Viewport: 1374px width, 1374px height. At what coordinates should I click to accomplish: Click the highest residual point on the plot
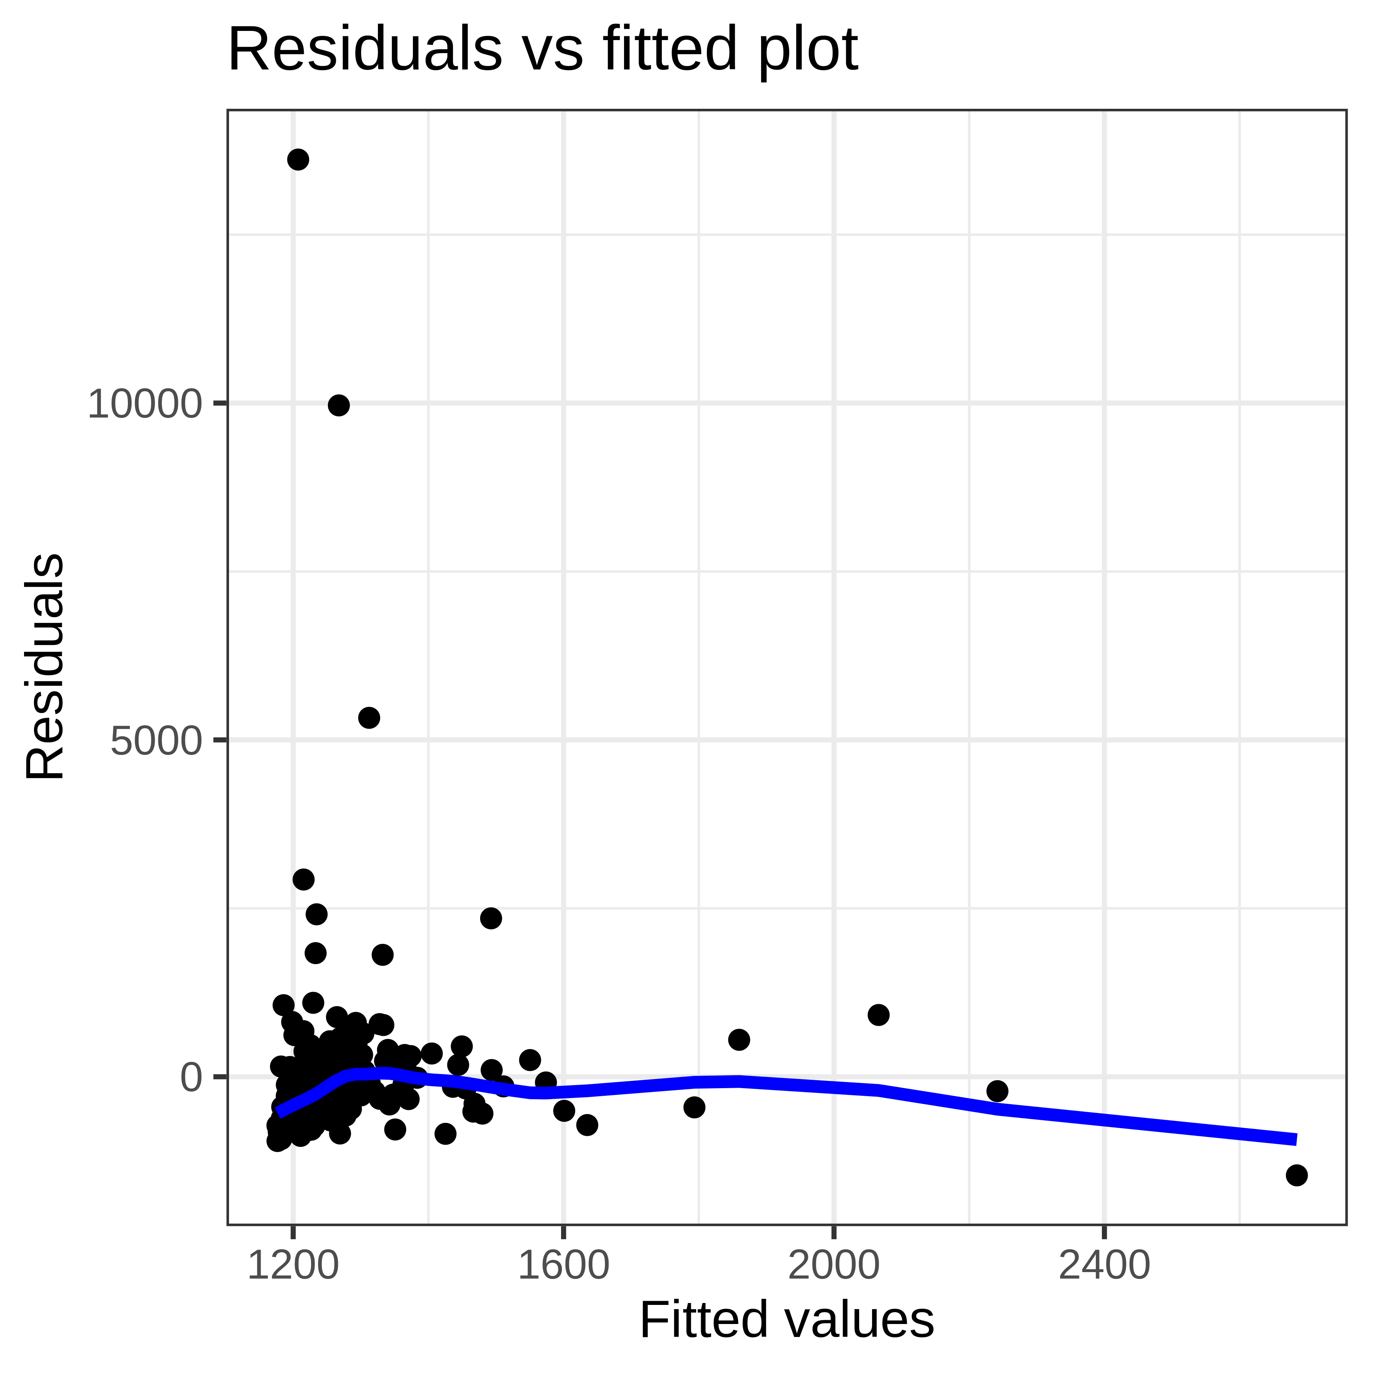click(x=298, y=159)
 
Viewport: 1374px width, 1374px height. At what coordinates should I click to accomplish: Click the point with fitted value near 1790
click(x=694, y=1106)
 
